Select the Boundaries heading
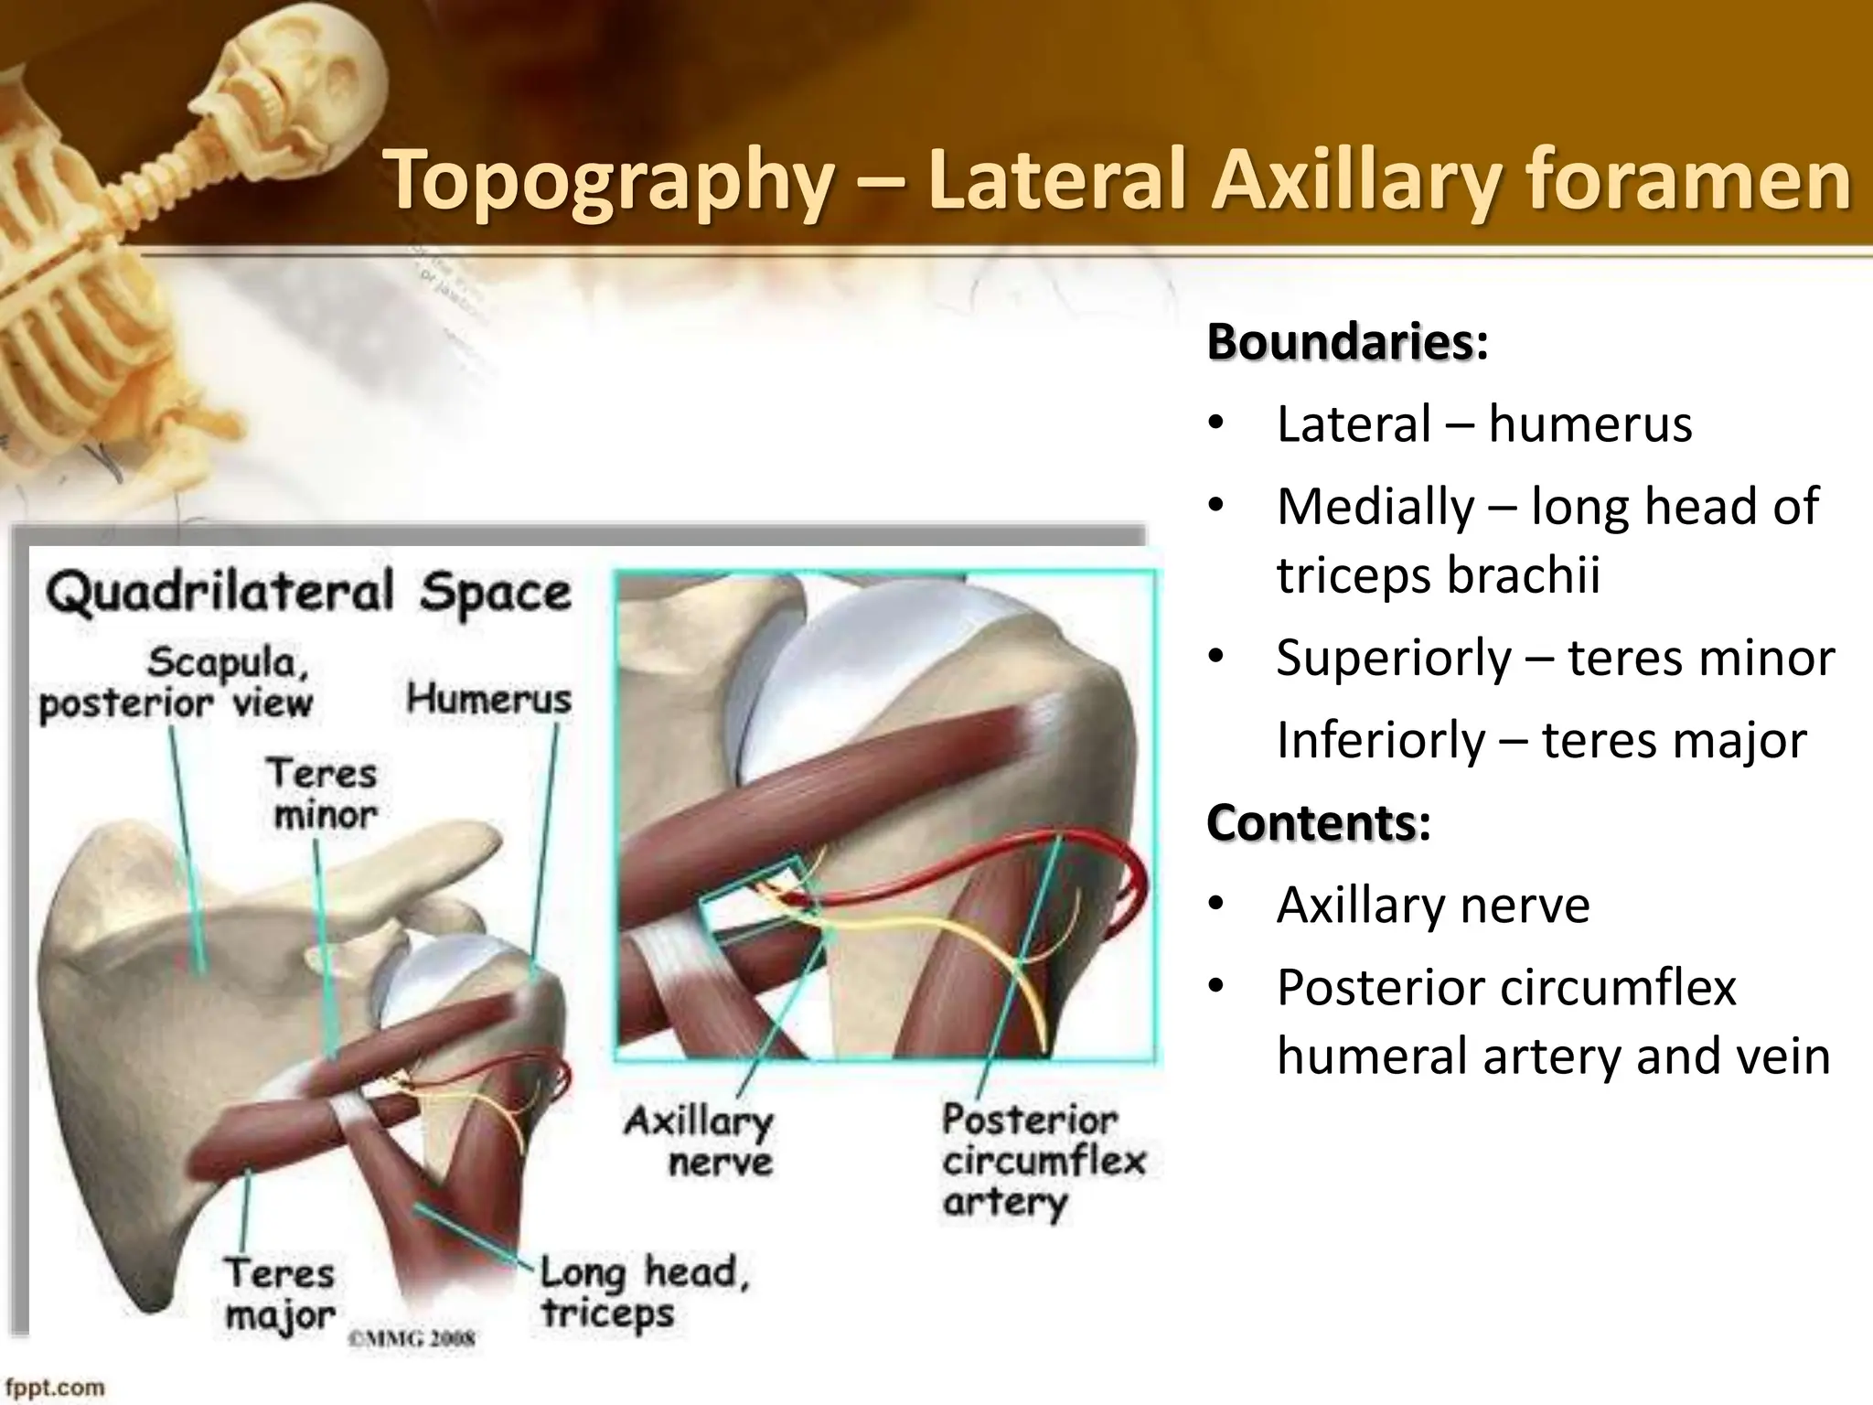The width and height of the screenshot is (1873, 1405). pos(1340,342)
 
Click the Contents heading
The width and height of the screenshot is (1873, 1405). pos(1311,822)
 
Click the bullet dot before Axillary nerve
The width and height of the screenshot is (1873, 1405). pos(1215,905)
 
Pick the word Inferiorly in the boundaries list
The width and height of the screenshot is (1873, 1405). pos(1380,740)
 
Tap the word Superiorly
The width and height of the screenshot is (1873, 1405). pos(1394,658)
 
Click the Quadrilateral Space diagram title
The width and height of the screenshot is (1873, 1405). pos(309,593)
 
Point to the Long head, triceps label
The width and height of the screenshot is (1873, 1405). pos(643,1292)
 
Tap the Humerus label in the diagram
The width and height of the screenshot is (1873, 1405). pos(488,700)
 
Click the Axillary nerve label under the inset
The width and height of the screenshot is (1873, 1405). pos(700,1142)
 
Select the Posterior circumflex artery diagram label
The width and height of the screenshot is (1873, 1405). pos(1043,1162)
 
